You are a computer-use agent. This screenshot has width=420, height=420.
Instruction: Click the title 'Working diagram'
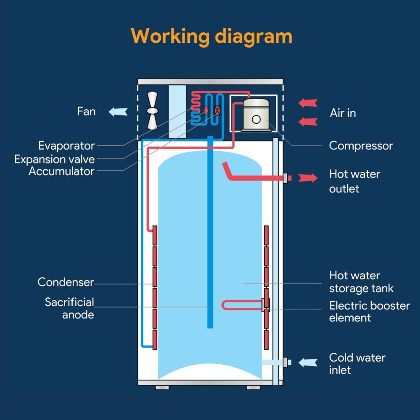[x=211, y=36]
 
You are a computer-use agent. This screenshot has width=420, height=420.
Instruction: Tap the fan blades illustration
[x=152, y=111]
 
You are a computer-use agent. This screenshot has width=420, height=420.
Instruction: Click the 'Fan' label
[x=86, y=111]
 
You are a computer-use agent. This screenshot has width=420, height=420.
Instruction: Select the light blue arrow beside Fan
[x=118, y=112]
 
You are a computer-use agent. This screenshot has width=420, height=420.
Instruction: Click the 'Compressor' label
[x=361, y=146]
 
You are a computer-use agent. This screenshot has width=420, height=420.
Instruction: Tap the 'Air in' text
[x=343, y=113]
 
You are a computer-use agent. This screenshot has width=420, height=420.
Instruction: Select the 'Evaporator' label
[x=66, y=146]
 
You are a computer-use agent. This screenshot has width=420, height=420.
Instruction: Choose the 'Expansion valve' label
[x=55, y=159]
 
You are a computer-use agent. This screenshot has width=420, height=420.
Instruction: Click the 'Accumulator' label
[x=61, y=171]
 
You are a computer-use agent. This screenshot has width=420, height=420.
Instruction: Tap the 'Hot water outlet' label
[x=354, y=181]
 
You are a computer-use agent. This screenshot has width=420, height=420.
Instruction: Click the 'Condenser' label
[x=66, y=282]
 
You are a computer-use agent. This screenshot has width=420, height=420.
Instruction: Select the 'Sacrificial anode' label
[x=70, y=308]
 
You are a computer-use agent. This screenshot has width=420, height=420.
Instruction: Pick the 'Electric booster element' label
[x=369, y=311]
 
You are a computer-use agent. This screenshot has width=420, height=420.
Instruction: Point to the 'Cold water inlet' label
[x=357, y=364]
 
